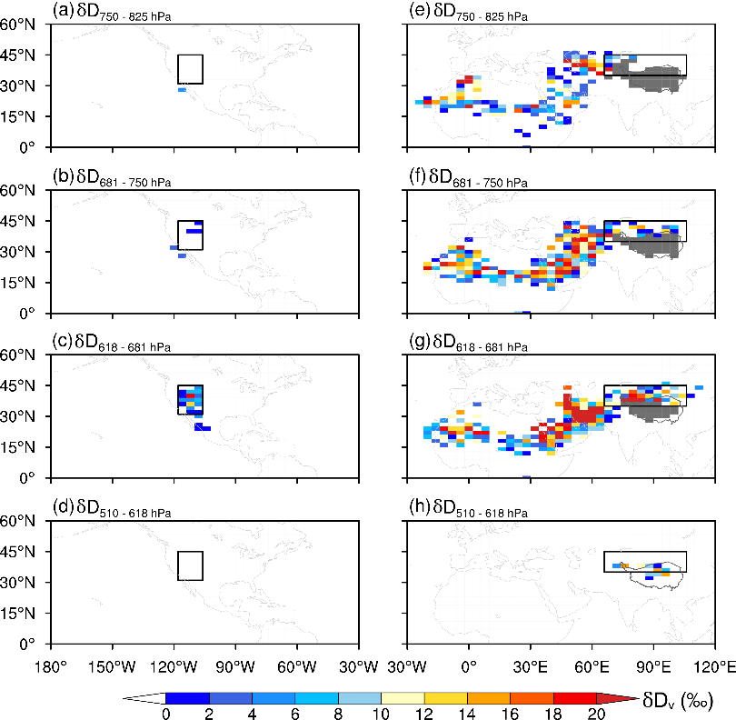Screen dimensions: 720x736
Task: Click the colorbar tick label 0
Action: click(165, 714)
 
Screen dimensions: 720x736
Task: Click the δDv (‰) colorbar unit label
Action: click(676, 700)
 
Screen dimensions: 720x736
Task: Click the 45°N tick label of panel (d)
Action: click(21, 552)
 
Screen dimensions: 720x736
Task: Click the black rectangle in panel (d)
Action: click(190, 565)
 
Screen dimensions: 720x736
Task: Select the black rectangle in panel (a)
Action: click(190, 69)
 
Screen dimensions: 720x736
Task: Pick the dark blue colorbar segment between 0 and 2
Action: click(186, 698)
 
